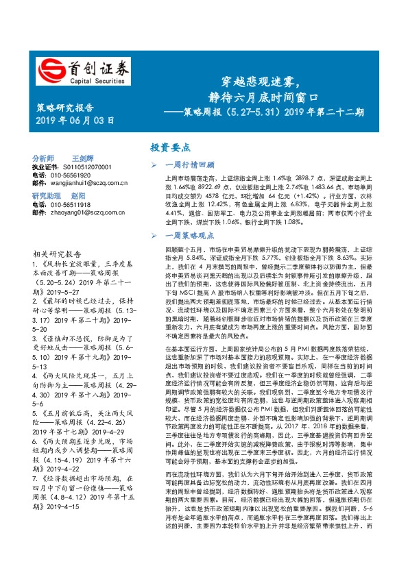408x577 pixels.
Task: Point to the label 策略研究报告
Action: tap(64, 108)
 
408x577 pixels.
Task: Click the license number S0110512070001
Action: tap(82, 167)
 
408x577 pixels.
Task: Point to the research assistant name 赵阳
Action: tap(78, 196)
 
